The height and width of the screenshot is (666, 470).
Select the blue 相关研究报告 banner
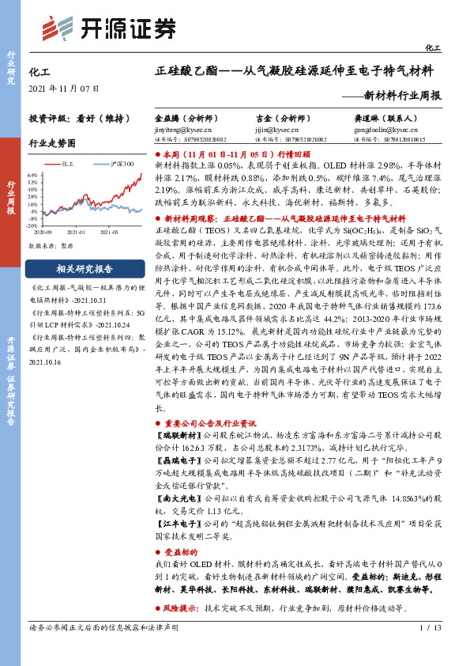[85, 268]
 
